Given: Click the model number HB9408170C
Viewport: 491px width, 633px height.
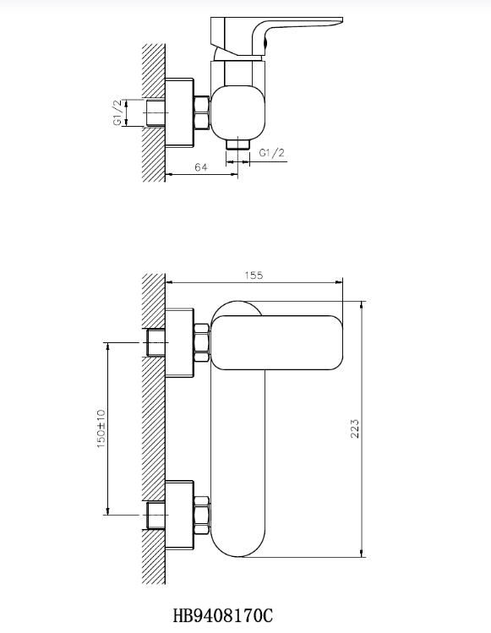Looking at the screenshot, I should pyautogui.click(x=223, y=616).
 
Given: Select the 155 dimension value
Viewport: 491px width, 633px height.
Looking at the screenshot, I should pyautogui.click(x=254, y=275).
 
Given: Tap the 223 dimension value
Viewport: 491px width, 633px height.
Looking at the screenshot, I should pyautogui.click(x=355, y=428).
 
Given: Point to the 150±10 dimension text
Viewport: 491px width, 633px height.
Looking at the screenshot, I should pyautogui.click(x=101, y=428).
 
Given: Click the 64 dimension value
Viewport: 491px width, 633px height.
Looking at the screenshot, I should pyautogui.click(x=201, y=167).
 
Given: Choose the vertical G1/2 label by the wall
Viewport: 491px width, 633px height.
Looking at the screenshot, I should pyautogui.click(x=117, y=112).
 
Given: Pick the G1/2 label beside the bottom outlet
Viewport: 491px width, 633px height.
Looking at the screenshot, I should pyautogui.click(x=271, y=153).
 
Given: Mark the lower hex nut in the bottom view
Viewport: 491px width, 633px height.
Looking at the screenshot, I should pyautogui.click(x=201, y=514).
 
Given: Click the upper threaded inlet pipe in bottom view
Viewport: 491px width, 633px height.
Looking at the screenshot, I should pyautogui.click(x=155, y=342).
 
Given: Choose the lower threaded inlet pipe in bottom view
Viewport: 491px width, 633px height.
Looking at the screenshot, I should pyautogui.click(x=155, y=514).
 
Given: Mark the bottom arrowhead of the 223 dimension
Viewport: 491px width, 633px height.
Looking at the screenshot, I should pyautogui.click(x=363, y=553).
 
